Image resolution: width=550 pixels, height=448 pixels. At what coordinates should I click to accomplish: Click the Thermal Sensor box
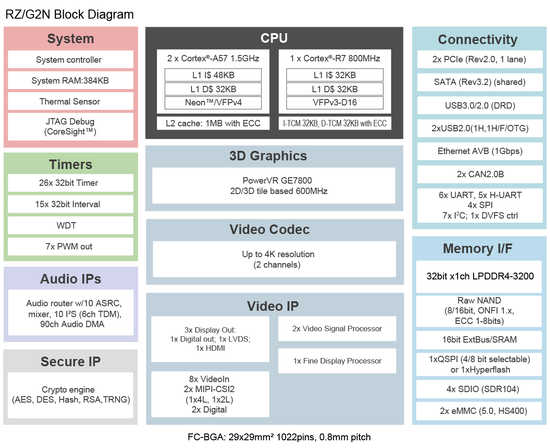[71, 101]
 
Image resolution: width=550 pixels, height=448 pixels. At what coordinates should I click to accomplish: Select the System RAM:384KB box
[71, 80]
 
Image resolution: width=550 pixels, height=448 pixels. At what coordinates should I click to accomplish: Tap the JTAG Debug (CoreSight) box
[71, 127]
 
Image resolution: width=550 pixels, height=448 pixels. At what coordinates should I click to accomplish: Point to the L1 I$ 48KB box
[213, 75]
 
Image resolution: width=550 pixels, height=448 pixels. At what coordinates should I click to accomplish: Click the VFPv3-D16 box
[335, 103]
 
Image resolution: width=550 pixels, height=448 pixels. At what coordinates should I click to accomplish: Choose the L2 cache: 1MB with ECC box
[213, 123]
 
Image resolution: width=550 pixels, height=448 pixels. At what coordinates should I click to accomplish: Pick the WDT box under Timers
[71, 225]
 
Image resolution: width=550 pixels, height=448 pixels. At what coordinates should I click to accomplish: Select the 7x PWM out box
[71, 246]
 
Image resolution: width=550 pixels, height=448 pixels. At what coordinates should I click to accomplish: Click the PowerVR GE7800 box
[273, 185]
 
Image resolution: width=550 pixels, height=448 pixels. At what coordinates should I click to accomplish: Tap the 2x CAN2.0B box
[480, 174]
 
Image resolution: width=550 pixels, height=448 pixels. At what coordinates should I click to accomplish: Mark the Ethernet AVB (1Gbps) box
[480, 151]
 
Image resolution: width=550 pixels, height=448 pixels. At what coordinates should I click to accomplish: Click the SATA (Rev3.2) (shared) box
[480, 82]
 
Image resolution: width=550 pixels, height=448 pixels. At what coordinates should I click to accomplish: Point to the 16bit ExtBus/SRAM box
[479, 340]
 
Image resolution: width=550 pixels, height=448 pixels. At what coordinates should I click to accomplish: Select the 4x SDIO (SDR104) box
[479, 389]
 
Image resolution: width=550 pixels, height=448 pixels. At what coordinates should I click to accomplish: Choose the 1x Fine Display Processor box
[337, 361]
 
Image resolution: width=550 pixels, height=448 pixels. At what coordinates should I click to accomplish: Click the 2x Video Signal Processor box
[337, 329]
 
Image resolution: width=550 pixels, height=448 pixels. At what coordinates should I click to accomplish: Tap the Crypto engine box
[71, 395]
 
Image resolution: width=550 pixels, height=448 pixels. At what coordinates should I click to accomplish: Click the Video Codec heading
[269, 229]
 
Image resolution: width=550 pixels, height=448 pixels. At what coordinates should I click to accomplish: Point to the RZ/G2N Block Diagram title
[69, 15]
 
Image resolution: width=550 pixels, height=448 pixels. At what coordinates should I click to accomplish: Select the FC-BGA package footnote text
[279, 437]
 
